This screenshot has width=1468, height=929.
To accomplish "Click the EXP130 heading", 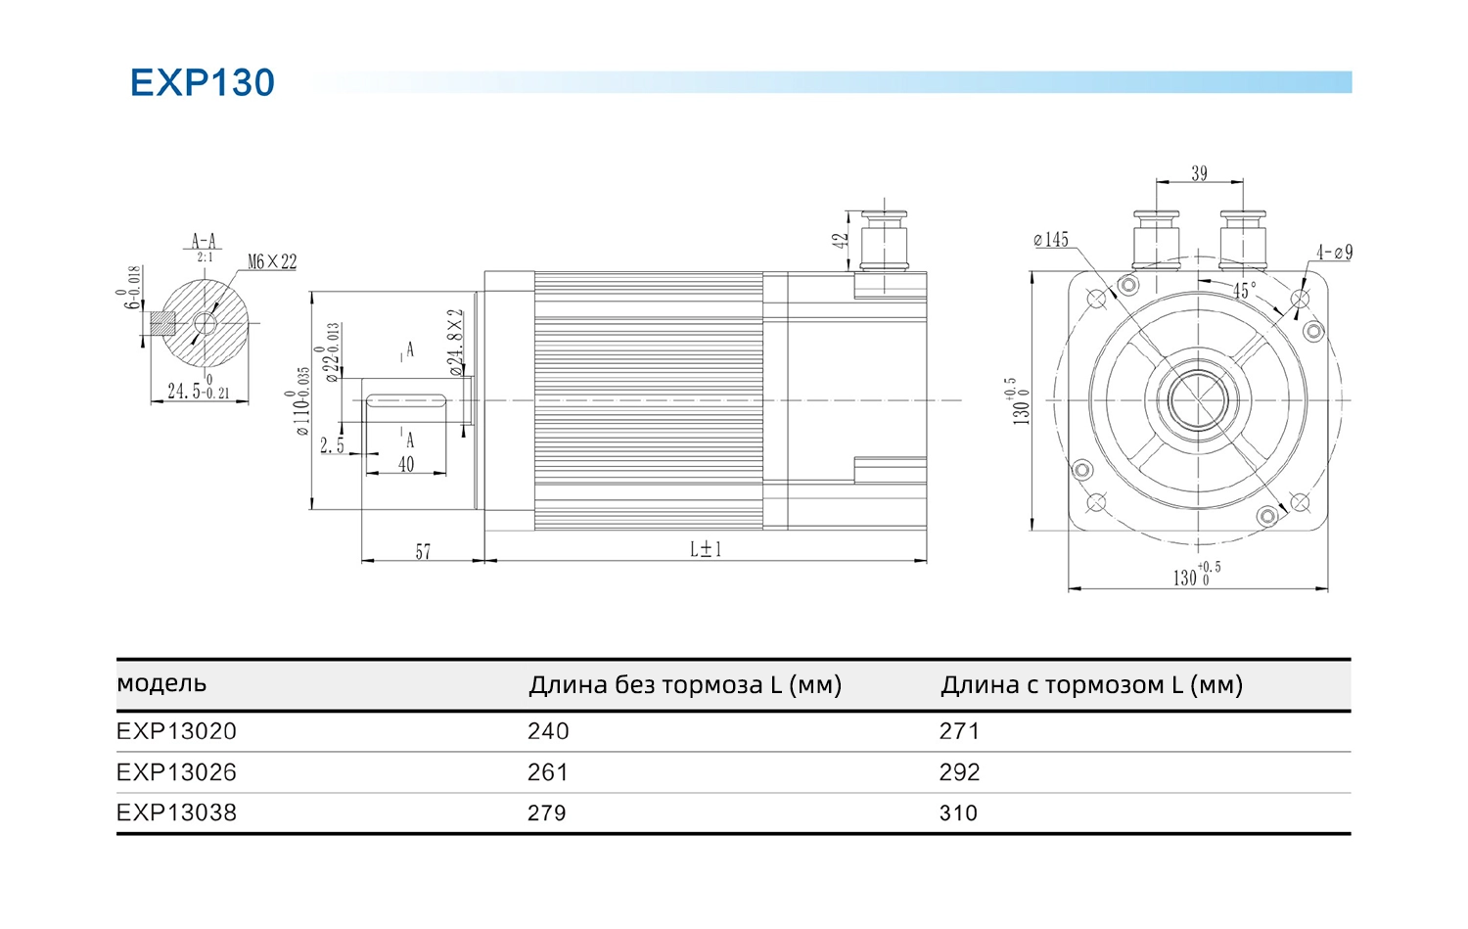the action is click(203, 82).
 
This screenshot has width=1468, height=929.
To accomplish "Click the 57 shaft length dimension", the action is click(424, 551).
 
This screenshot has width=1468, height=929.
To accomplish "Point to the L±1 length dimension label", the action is click(706, 549).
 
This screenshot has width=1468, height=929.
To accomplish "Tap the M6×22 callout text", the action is click(272, 261).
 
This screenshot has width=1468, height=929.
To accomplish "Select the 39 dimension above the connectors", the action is click(1199, 173).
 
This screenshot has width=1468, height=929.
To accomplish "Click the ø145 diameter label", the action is click(1051, 239).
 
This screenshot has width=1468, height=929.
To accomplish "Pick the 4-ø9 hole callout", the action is click(1334, 252).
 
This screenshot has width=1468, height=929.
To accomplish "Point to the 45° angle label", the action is click(1245, 290).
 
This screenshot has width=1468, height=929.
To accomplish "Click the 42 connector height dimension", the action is click(840, 241).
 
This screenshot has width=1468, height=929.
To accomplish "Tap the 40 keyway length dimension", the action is click(406, 464).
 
